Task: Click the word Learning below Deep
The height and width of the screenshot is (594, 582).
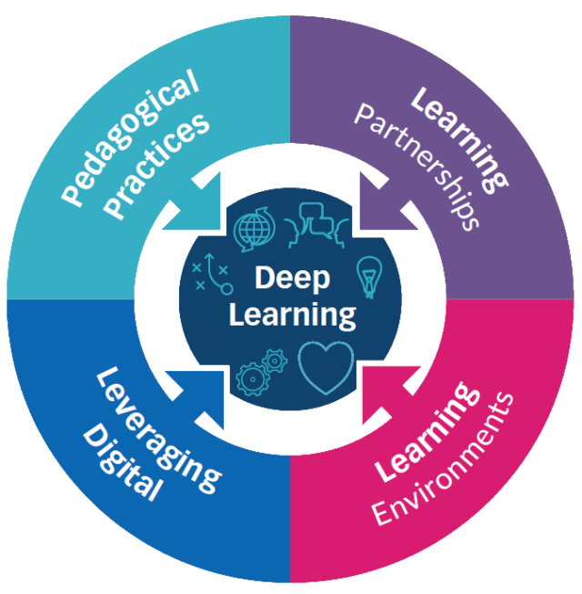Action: click(292, 315)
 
